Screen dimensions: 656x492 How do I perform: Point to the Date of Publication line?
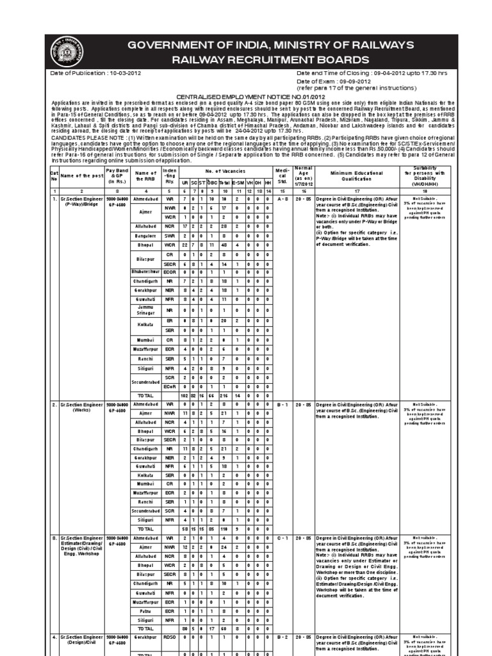[x=96, y=73]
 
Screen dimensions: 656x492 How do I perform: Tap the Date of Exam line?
[x=333, y=81]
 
